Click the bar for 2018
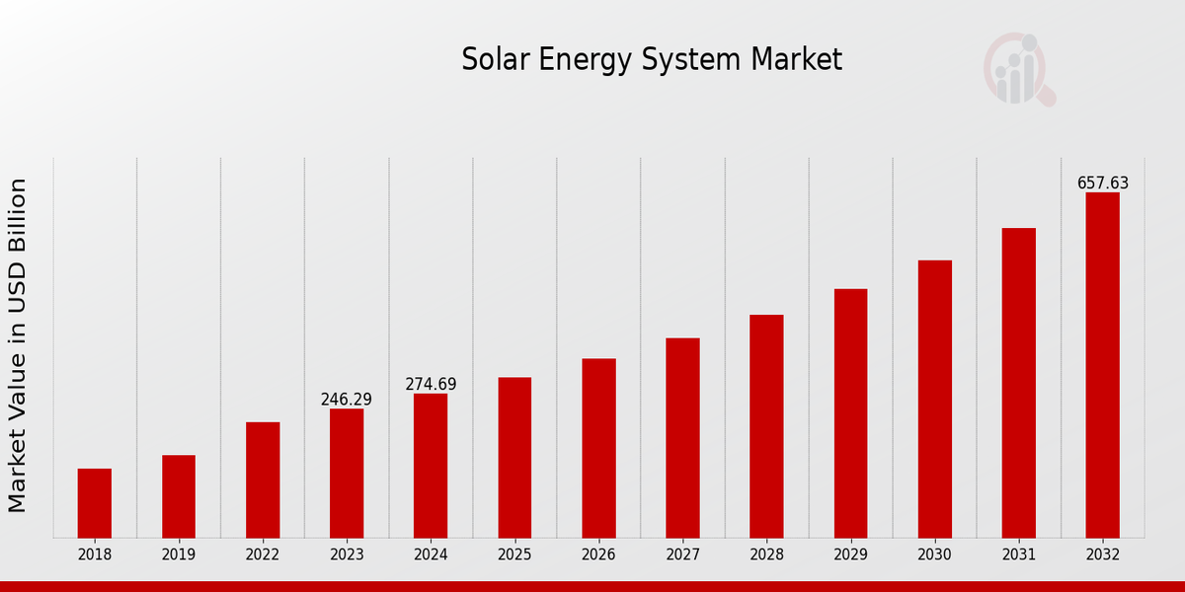pos(95,503)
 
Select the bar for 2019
pos(179,496)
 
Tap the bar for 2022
pos(263,480)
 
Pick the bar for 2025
pos(514,458)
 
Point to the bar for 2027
pos(682,438)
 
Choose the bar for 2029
pos(850,413)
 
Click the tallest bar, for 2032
pos(1102,365)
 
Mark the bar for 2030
pos(934,399)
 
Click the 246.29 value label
pos(347,400)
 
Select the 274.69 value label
pos(431,385)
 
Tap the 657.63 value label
pos(1102,184)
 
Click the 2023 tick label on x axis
pos(347,555)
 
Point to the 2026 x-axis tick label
pos(598,555)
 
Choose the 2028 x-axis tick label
pos(766,555)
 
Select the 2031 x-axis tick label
pos(1018,555)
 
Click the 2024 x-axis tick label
pos(431,555)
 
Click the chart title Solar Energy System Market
pos(652,60)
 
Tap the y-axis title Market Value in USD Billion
pos(18,345)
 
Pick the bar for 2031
pos(1018,383)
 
